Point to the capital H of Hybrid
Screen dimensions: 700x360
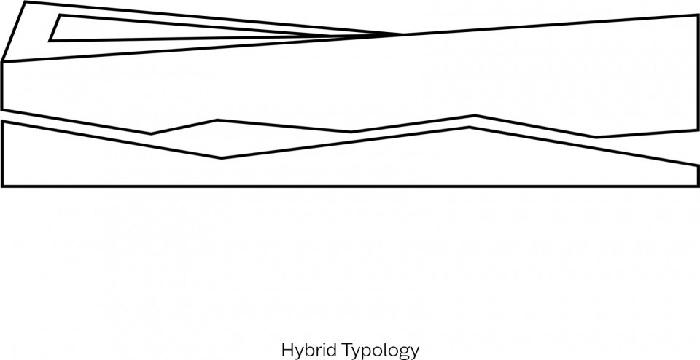[287, 349]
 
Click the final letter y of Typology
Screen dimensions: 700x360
[415, 353]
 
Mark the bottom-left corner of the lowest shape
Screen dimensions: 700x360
[2, 186]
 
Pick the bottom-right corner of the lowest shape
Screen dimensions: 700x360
[698, 186]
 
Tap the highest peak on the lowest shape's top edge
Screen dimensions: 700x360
[470, 128]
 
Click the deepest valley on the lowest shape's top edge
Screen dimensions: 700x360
[222, 158]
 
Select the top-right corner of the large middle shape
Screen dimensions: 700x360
[698, 15]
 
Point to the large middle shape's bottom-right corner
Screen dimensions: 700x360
[698, 130]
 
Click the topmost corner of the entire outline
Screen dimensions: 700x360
[25, 1]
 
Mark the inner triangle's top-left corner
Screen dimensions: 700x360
[60, 15]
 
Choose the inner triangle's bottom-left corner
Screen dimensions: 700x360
[50, 41]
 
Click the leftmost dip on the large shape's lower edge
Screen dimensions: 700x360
[151, 133]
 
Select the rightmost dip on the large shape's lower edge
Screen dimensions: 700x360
[596, 138]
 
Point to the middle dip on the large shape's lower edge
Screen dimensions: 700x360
[351, 132]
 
